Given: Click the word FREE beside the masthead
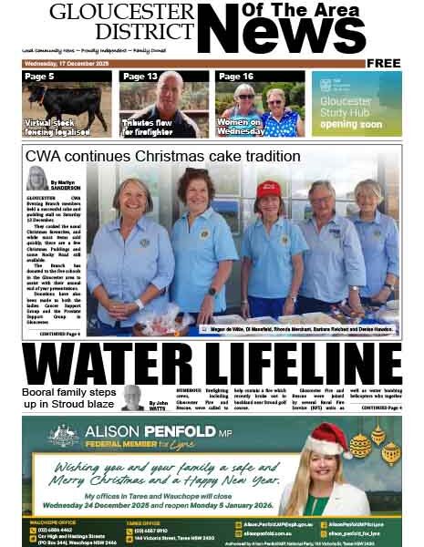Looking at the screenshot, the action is tap(385, 63).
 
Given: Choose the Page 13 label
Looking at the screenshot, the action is tap(140, 77).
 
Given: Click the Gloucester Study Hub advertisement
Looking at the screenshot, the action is tap(357, 103).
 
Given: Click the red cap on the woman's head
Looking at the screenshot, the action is tap(269, 189).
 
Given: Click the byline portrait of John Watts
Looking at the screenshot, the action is tap(133, 397).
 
